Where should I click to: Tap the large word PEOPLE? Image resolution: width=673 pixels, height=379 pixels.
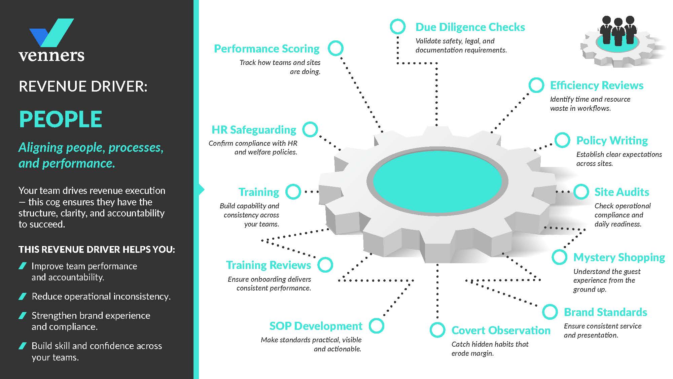click(61, 119)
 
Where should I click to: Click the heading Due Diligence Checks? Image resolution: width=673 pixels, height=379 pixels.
click(470, 27)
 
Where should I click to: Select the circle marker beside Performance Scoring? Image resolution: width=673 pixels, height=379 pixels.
click(335, 48)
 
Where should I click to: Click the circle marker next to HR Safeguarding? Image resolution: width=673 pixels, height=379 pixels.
click(310, 130)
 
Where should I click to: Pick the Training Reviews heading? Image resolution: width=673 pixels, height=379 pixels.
click(268, 265)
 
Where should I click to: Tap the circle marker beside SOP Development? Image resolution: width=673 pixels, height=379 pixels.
click(376, 326)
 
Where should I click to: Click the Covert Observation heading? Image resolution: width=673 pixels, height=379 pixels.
click(501, 331)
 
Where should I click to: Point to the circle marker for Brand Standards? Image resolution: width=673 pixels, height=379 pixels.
click(550, 312)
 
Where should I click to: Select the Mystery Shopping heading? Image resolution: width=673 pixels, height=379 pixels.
click(619, 257)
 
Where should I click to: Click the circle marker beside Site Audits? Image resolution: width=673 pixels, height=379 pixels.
click(581, 192)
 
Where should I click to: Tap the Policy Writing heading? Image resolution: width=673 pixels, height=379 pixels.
click(612, 141)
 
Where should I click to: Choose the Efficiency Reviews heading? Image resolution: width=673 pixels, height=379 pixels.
click(597, 85)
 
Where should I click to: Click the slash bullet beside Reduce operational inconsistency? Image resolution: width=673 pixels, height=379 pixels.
click(23, 297)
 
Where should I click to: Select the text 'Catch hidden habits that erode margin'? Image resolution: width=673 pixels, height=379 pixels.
click(490, 349)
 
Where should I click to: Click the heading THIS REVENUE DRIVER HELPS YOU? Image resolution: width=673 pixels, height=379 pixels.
click(97, 249)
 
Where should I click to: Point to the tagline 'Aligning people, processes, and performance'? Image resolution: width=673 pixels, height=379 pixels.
click(91, 155)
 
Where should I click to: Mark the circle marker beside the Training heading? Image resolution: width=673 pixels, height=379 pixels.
click(293, 192)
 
